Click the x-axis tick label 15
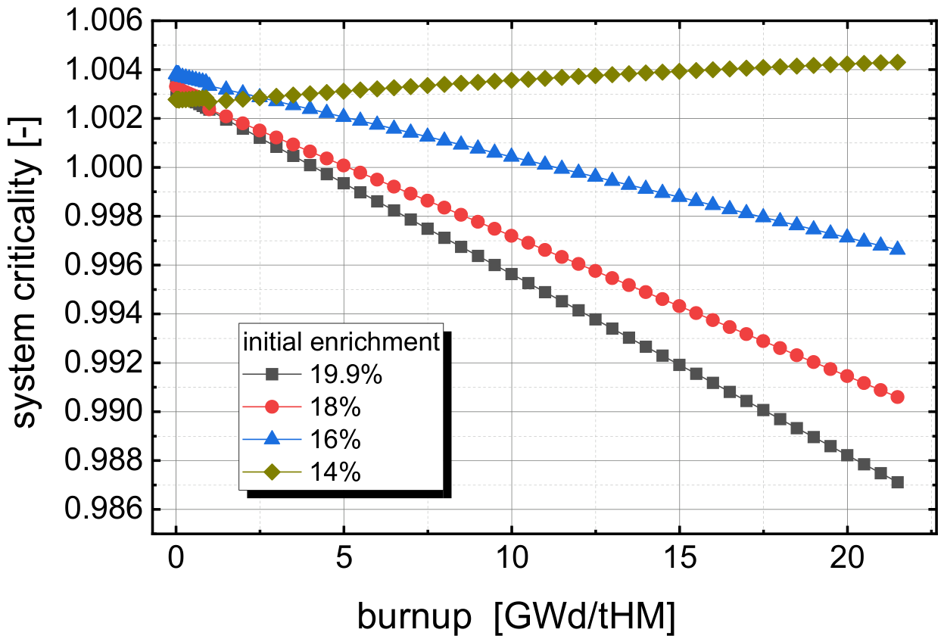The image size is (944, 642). [679, 558]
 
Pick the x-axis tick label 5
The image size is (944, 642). [344, 558]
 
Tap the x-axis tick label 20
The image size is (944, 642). [846, 558]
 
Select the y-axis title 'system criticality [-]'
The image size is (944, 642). [25, 273]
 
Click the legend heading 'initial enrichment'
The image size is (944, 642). [341, 341]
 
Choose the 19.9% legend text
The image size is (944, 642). [346, 374]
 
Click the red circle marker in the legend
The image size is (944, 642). [273, 407]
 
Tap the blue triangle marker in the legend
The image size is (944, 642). [273, 438]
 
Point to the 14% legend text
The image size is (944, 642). [335, 472]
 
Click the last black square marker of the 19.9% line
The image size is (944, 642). [898, 482]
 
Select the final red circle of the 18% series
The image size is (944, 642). [898, 397]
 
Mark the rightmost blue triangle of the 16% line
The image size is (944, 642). [898, 248]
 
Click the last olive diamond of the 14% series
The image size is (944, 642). [898, 62]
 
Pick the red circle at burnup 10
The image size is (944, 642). [511, 236]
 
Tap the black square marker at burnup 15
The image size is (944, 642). [679, 365]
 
